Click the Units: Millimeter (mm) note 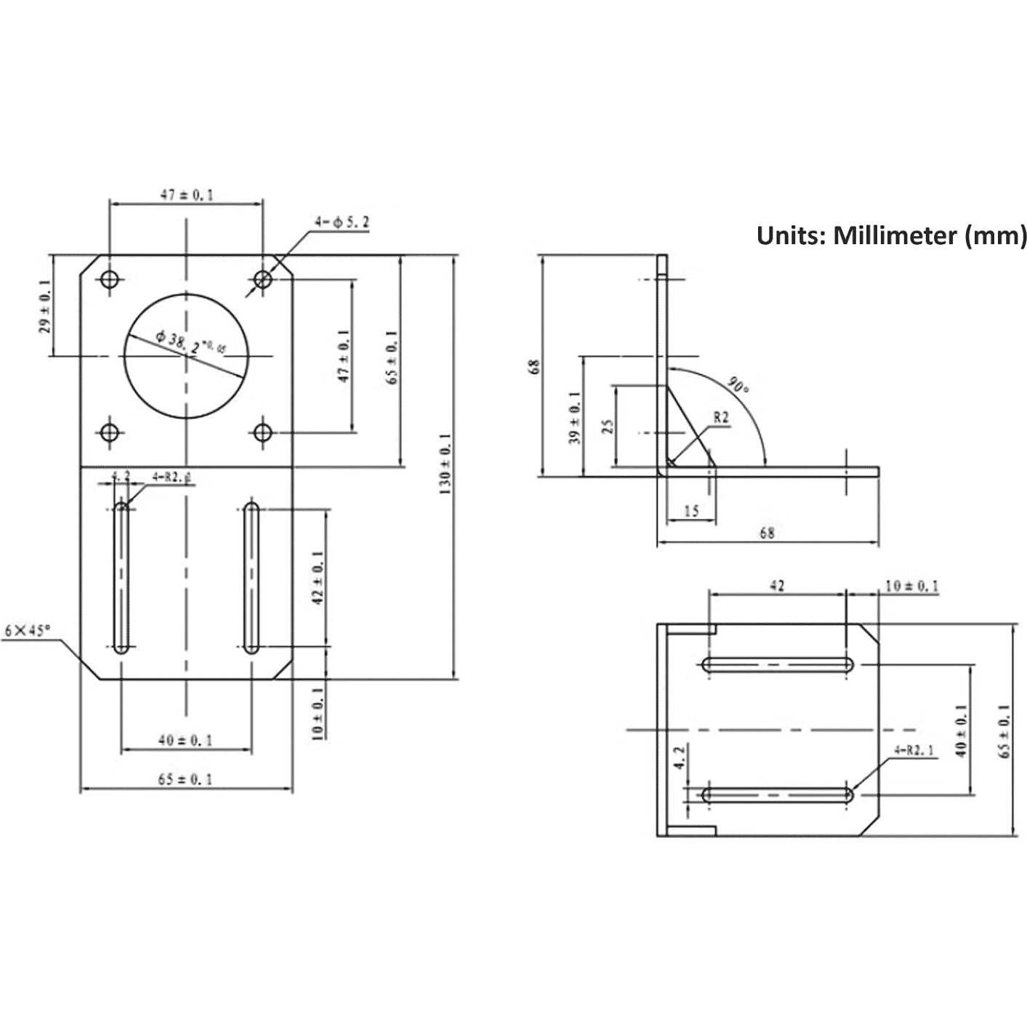pos(891,236)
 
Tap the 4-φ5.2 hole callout pos(342,222)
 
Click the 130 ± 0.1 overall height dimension pos(446,464)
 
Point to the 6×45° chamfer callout pos(28,630)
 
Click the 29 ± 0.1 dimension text pos(45,307)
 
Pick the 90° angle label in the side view pos(738,385)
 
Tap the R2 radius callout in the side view pos(720,417)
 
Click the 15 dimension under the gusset pos(691,511)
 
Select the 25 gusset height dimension pos(608,425)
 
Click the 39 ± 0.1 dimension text pos(575,417)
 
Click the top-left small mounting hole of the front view pos(110,279)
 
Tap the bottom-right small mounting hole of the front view pos(263,433)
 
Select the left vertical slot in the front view pos(121,576)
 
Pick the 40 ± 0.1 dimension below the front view pos(185,741)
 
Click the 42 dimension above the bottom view pos(777,586)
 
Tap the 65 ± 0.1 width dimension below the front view pos(185,779)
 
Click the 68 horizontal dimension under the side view pos(767,533)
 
